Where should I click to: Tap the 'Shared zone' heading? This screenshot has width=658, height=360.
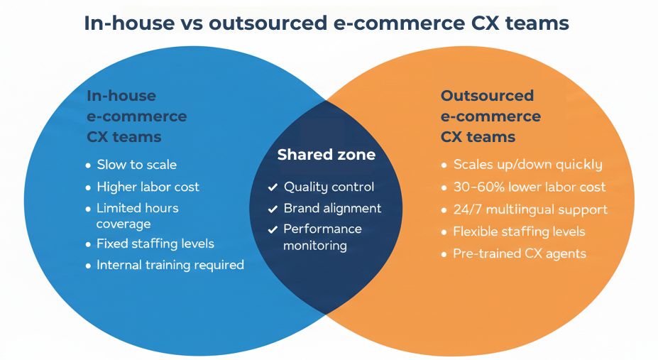click(x=326, y=155)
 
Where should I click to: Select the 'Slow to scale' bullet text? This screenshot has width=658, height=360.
click(x=136, y=165)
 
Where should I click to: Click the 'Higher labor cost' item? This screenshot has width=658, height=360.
click(x=148, y=187)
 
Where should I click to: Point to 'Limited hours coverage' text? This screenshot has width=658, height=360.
click(x=137, y=216)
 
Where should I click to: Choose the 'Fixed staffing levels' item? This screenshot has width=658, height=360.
click(x=155, y=244)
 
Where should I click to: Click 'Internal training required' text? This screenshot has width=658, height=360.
click(x=170, y=265)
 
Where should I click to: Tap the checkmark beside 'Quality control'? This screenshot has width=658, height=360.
click(x=273, y=188)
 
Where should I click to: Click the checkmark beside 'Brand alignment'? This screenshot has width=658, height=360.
click(x=273, y=209)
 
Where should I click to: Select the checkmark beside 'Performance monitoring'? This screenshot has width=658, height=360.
click(x=273, y=230)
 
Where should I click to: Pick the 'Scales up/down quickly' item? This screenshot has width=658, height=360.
click(x=527, y=165)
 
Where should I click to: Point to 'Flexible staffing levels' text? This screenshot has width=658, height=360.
click(x=519, y=231)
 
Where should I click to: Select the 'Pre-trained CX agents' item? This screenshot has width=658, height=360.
click(x=519, y=253)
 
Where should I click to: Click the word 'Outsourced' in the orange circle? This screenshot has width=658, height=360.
click(x=487, y=96)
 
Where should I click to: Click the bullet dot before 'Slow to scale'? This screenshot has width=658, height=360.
click(x=89, y=165)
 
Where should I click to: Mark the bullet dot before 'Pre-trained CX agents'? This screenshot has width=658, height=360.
click(x=444, y=254)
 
